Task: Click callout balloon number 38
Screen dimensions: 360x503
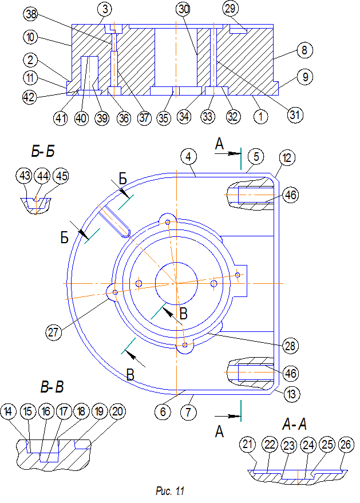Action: click(x=31, y=14)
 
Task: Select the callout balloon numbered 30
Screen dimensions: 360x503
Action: click(x=184, y=9)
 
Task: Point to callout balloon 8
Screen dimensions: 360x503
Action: click(x=304, y=50)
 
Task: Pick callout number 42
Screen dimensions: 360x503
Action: click(x=30, y=96)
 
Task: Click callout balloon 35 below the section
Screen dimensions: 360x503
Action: click(x=163, y=118)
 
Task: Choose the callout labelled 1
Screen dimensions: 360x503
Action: click(x=260, y=116)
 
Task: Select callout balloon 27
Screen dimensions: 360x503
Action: click(x=53, y=332)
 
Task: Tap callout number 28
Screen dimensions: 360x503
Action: click(x=290, y=346)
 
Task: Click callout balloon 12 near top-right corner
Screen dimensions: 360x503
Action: click(x=287, y=157)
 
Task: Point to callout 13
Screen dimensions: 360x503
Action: click(x=291, y=394)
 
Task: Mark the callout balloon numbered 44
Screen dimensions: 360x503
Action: click(x=43, y=176)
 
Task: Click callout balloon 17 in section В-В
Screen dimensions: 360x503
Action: click(x=64, y=411)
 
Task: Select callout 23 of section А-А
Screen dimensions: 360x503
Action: click(x=289, y=446)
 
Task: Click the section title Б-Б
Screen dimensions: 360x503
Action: click(x=43, y=152)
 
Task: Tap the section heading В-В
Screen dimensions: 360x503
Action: click(x=52, y=387)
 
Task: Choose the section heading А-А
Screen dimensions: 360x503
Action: click(x=295, y=425)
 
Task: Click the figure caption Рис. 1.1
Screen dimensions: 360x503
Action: click(x=170, y=491)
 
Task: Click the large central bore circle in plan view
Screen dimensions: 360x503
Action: click(x=176, y=284)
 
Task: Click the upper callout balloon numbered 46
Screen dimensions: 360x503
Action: click(x=290, y=195)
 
